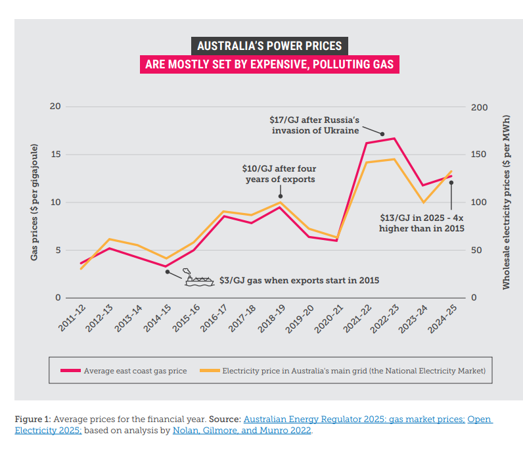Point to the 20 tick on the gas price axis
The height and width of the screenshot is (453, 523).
coord(55,107)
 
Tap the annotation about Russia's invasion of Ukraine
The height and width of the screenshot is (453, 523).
coord(315,125)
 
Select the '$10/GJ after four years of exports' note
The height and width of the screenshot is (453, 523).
coord(279,174)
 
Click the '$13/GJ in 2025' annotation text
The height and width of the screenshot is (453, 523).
coord(422,223)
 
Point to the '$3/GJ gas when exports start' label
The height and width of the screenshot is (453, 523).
coord(299,279)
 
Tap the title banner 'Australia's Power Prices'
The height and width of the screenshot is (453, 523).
coord(270,46)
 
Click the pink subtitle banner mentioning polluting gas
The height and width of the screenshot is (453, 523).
coord(269,64)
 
